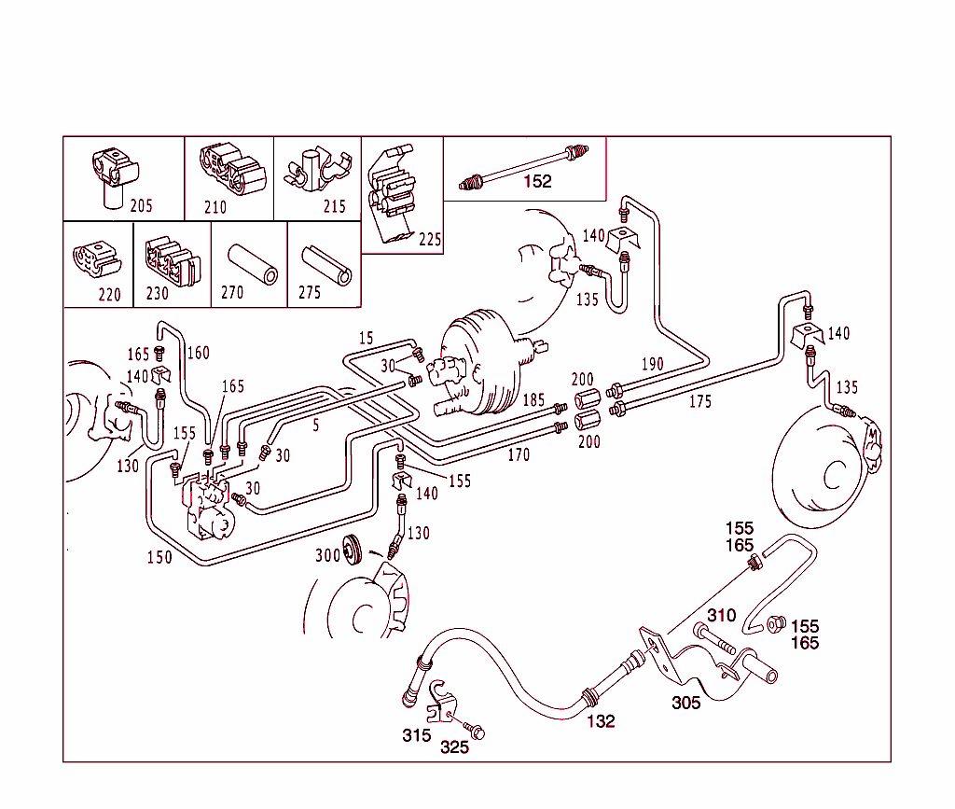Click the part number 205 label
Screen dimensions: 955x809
click(141, 205)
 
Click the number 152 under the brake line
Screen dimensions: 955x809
click(537, 181)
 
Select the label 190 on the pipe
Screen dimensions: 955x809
click(651, 363)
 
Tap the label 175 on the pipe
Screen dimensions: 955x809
click(699, 401)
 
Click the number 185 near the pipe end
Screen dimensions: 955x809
click(533, 399)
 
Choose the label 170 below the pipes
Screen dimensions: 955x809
click(519, 455)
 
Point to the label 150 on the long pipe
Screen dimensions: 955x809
click(159, 557)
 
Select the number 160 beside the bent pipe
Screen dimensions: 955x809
click(198, 353)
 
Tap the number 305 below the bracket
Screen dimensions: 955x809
click(685, 703)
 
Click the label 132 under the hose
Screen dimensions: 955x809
click(601, 720)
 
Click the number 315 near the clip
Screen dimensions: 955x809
click(416, 735)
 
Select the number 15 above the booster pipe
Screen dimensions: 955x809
click(366, 337)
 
